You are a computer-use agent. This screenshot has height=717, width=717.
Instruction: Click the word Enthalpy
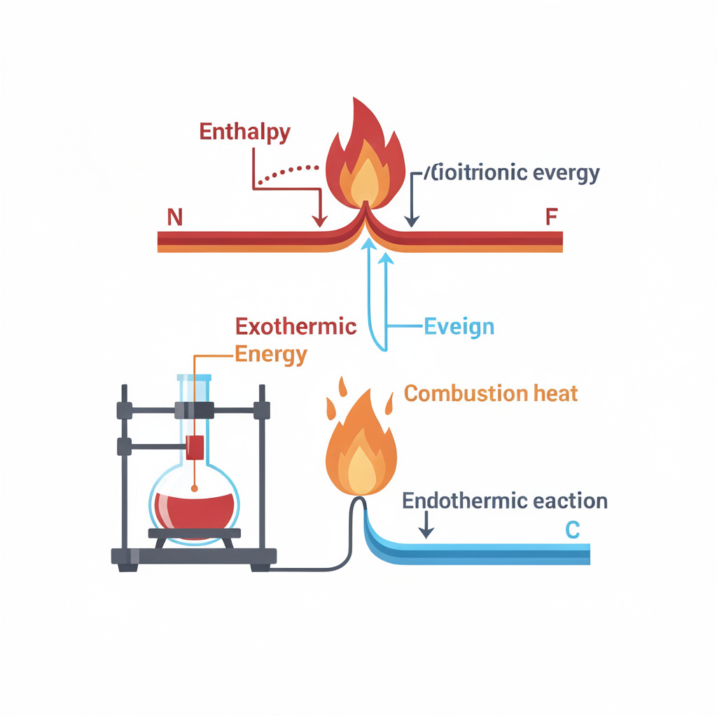(x=244, y=132)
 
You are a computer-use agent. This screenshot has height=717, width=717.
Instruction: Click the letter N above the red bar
(x=174, y=217)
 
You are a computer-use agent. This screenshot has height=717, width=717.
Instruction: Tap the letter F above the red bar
(x=552, y=217)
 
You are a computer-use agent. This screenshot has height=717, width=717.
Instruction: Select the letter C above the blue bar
(x=572, y=531)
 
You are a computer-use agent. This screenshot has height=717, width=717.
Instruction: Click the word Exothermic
(x=295, y=326)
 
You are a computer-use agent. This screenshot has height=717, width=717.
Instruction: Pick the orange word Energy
(x=271, y=354)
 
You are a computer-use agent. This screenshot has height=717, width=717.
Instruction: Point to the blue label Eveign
(x=459, y=326)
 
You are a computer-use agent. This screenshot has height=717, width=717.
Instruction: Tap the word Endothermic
(x=464, y=501)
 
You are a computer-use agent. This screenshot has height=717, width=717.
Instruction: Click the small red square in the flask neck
(x=195, y=447)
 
